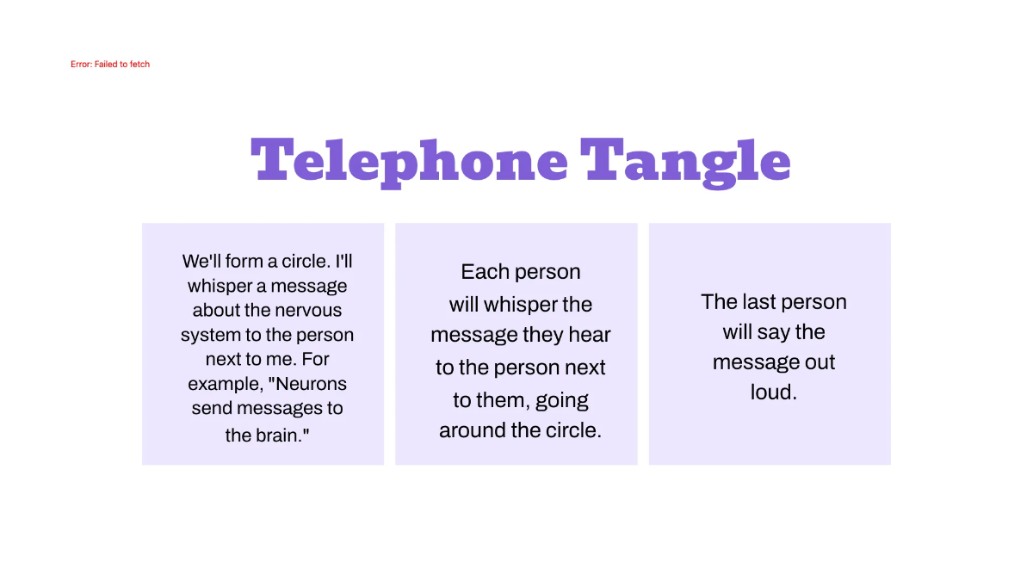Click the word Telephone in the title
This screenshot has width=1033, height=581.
(409, 161)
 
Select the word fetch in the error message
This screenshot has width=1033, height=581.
(139, 65)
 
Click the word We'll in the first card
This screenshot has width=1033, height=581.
(201, 261)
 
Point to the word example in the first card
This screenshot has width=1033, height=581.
(215, 384)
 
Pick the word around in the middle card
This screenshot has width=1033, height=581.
(470, 430)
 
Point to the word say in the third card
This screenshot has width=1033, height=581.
(774, 332)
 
